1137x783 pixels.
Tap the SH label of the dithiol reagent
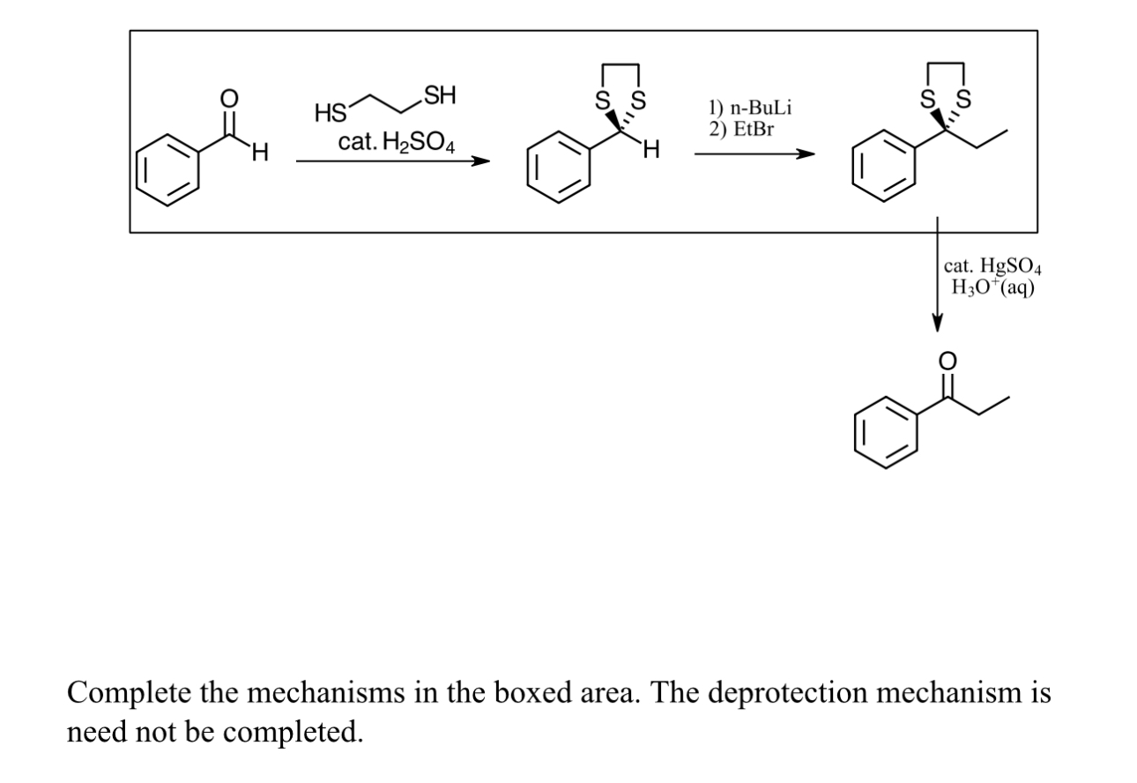(439, 94)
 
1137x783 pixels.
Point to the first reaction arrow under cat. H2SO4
(392, 161)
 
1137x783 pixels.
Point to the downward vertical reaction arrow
(937, 273)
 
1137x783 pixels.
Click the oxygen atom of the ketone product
(947, 361)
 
